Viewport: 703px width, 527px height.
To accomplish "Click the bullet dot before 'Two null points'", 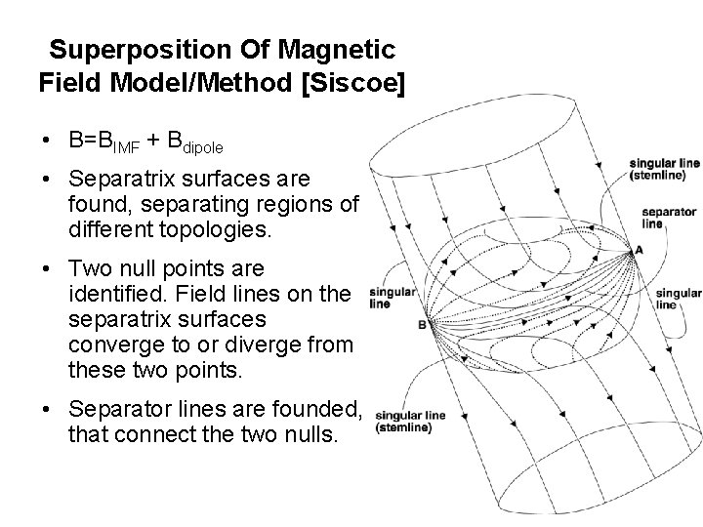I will tap(47, 268).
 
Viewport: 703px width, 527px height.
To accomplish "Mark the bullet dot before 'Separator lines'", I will tap(47, 412).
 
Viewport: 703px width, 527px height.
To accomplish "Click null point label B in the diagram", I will tap(421, 325).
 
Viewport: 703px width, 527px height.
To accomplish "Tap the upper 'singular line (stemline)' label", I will tap(665, 170).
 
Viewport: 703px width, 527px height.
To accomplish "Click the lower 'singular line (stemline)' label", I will tap(410, 421).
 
